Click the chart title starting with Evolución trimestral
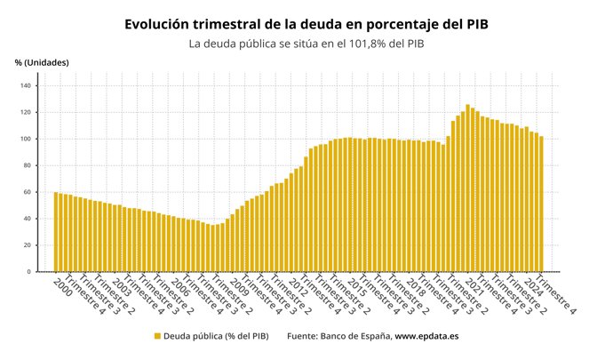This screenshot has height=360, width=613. tap(306, 24)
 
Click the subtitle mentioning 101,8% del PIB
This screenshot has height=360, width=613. tap(306, 43)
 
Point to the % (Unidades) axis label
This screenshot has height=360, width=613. tap(42, 62)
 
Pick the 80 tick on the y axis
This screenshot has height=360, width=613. tap(26, 165)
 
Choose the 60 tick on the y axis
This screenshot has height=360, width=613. tap(26, 192)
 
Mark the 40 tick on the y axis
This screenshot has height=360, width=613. tap(26, 219)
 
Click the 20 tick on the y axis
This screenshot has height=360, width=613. tap(26, 245)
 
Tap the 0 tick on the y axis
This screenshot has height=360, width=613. tap(28, 271)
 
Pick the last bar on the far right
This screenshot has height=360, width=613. tap(541, 204)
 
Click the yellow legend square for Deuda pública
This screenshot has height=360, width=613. tap(157, 336)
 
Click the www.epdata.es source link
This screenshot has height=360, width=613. tap(426, 336)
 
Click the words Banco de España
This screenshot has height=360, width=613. tap(355, 336)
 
